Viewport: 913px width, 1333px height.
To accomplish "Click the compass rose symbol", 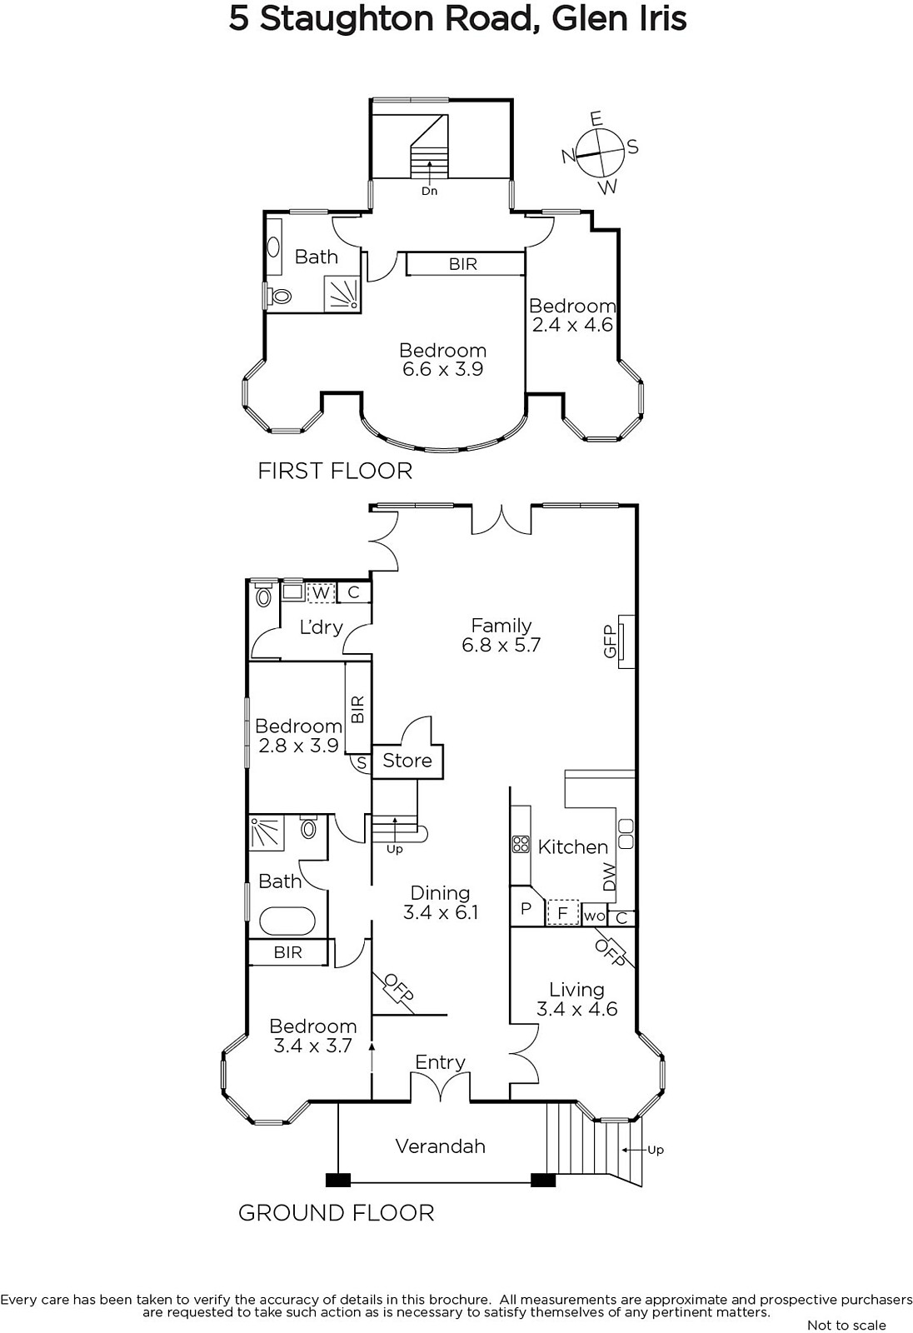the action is tap(601, 153).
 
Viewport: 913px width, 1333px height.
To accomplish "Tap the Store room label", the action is tap(407, 761).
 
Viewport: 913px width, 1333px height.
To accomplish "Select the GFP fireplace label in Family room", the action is tap(610, 641).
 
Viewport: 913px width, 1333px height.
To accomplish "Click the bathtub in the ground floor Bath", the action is tap(287, 921).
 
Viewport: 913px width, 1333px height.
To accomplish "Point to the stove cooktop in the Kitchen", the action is tap(521, 845).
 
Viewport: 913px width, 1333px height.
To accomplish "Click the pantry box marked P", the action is tap(527, 907).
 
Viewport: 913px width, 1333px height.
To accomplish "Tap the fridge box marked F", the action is tap(562, 911).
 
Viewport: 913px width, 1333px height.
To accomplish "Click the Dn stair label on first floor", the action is tap(429, 191).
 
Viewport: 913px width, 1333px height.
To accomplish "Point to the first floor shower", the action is tap(342, 292).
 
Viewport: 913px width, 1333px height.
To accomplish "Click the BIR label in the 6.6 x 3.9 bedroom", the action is tap(463, 263).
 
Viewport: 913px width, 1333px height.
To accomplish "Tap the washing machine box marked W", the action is tap(320, 592).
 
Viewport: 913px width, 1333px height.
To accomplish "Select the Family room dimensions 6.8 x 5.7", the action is tap(501, 645).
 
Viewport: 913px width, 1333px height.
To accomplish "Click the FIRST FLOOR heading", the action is tap(335, 471).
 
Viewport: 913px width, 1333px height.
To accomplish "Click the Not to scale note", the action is tap(846, 1325).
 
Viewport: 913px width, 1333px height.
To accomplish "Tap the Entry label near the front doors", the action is tap(440, 1062).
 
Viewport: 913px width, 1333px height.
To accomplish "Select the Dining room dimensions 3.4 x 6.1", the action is tap(441, 912).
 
